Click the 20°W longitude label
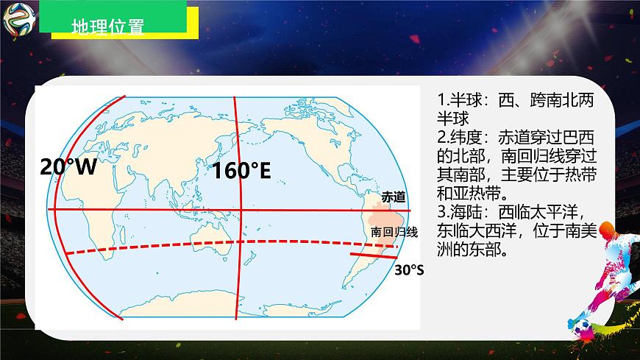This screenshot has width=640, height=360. (x=68, y=166)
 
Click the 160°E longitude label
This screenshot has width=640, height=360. (x=243, y=172)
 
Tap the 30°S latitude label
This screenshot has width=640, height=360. (x=409, y=270)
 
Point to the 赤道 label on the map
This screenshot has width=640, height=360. (x=393, y=197)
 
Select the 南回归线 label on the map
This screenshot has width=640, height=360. (x=394, y=233)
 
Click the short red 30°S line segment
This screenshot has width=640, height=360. (x=374, y=259)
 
